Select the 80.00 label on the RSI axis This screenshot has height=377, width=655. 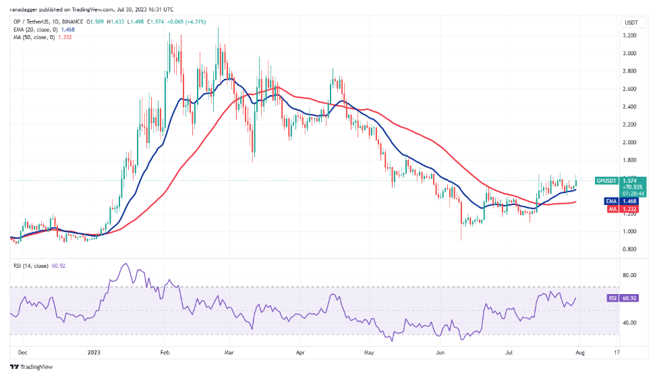pyautogui.click(x=629, y=275)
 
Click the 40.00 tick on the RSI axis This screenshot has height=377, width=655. pyautogui.click(x=629, y=322)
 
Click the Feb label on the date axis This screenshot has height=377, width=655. pyautogui.click(x=165, y=351)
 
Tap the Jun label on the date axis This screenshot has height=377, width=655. pyautogui.click(x=440, y=351)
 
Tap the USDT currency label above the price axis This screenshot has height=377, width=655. pyautogui.click(x=631, y=22)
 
